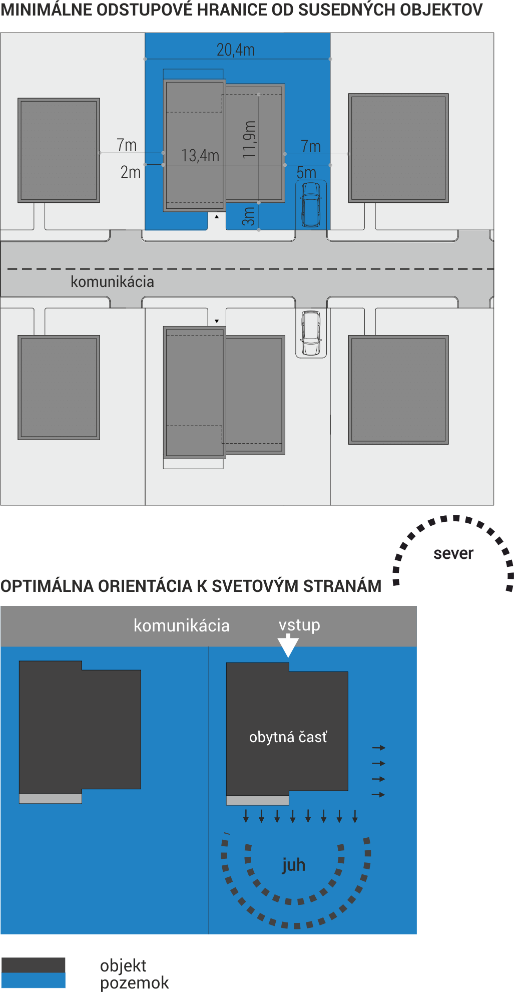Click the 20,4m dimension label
pyautogui.click(x=236, y=50)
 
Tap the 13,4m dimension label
pyautogui.click(x=200, y=156)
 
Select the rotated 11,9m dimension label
pyautogui.click(x=249, y=140)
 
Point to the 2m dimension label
pyautogui.click(x=131, y=172)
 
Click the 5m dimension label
pyautogui.click(x=306, y=173)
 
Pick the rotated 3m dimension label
pyautogui.click(x=249, y=216)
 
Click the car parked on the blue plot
pyautogui.click(x=311, y=204)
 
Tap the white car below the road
pyautogui.click(x=311, y=333)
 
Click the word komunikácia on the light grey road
pyautogui.click(x=112, y=281)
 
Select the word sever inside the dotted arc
pyautogui.click(x=453, y=553)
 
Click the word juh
pyautogui.click(x=293, y=865)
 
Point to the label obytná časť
pyautogui.click(x=288, y=737)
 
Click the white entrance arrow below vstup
pyautogui.click(x=288, y=645)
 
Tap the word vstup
pyautogui.click(x=299, y=625)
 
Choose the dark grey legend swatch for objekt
pyautogui.click(x=33, y=965)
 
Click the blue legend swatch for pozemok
pyautogui.click(x=33, y=980)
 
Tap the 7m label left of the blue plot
pyautogui.click(x=127, y=145)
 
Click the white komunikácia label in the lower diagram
pyautogui.click(x=182, y=625)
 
